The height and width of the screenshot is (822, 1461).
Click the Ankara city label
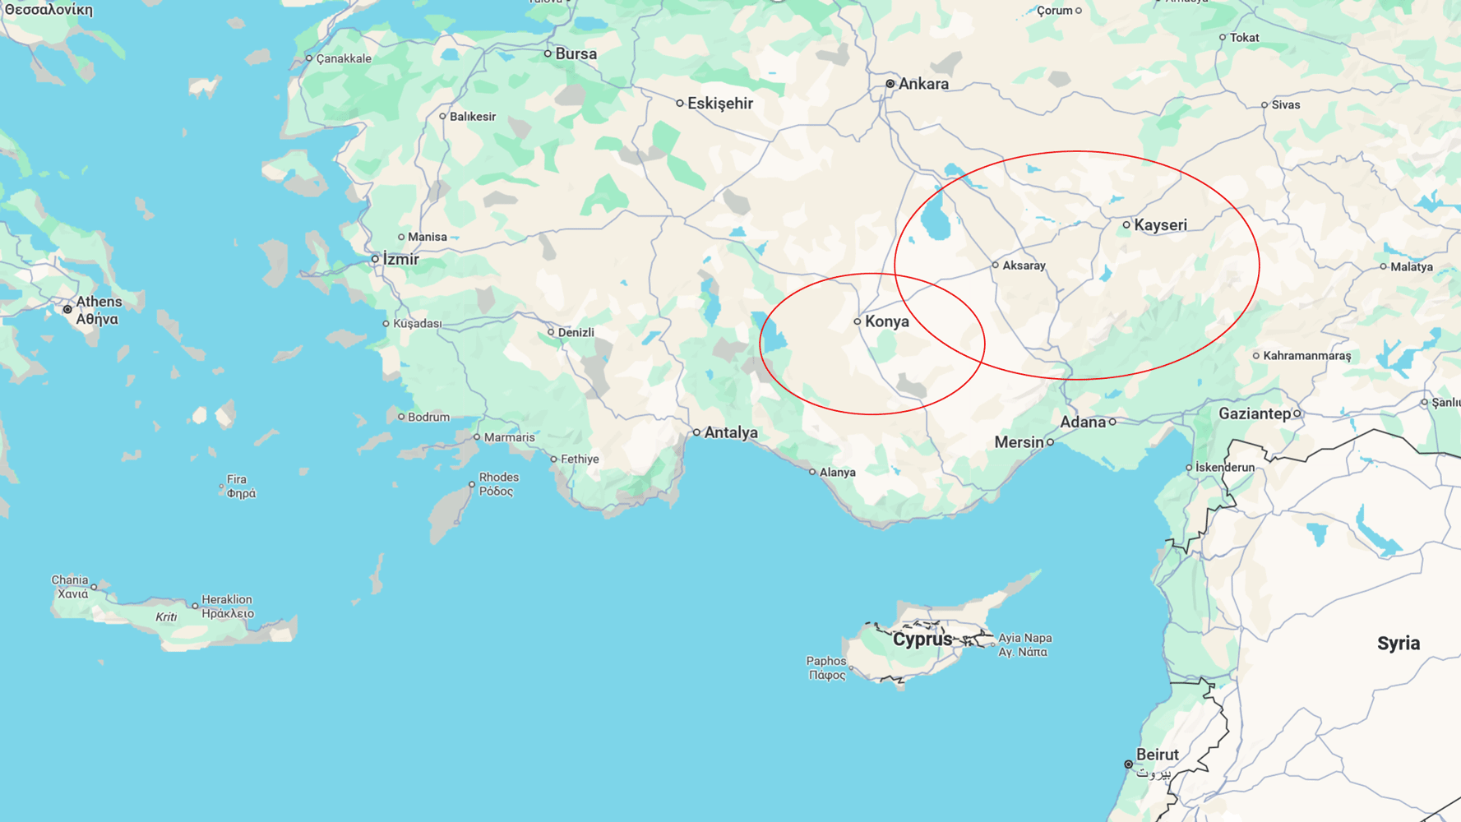click(x=922, y=84)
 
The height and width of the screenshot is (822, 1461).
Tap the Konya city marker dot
click(x=857, y=321)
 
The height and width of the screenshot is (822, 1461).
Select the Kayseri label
click(x=1160, y=225)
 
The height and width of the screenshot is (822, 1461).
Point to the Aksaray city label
click(x=1024, y=266)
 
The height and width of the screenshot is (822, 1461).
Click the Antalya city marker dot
click(x=696, y=432)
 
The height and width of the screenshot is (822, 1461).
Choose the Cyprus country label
click(x=922, y=640)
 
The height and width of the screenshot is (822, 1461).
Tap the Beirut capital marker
click(x=1128, y=764)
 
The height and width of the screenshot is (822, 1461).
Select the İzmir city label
click(x=400, y=260)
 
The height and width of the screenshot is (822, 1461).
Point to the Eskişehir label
click(x=720, y=104)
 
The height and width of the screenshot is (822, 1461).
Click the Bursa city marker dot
click(x=548, y=53)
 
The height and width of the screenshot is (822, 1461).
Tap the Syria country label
click(x=1398, y=644)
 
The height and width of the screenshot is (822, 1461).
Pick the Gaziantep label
click(x=1254, y=413)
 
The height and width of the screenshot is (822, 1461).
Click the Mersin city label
click(x=1019, y=442)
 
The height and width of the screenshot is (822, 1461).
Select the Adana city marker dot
click(x=1112, y=422)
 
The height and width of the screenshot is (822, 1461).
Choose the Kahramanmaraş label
click(x=1306, y=356)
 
